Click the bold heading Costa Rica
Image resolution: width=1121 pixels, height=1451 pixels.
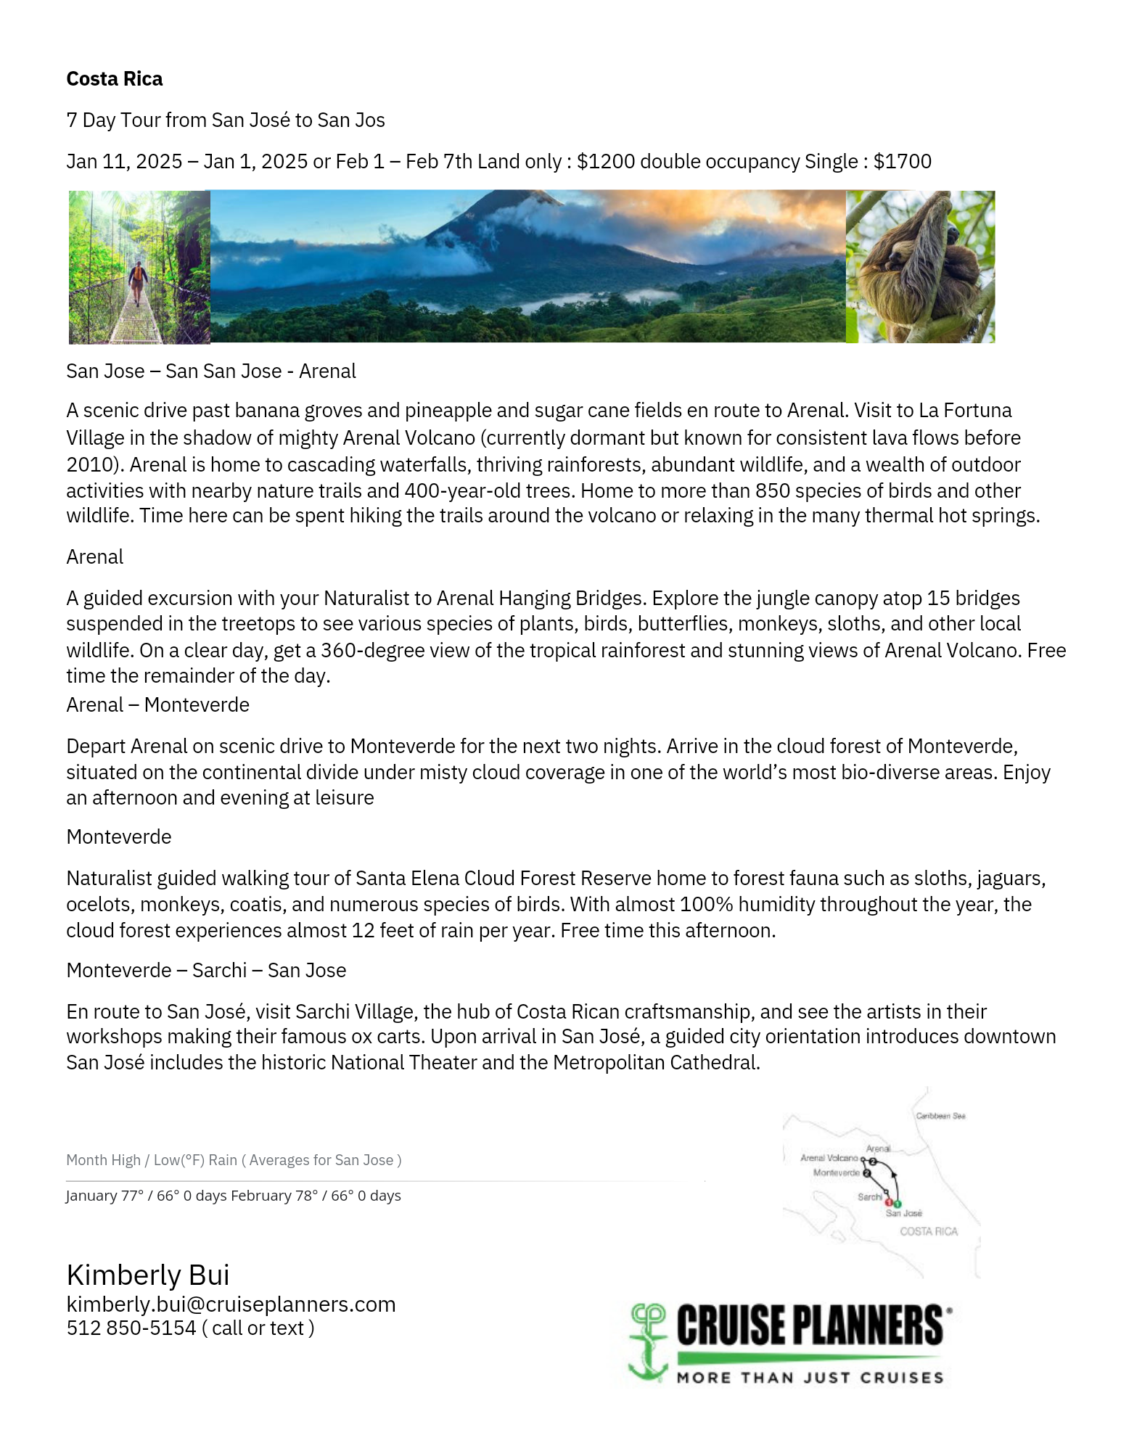point(115,79)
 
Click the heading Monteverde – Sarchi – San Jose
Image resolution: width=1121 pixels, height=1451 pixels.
point(206,970)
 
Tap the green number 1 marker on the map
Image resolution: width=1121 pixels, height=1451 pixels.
point(898,1204)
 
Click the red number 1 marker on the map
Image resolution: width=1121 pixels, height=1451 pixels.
point(889,1203)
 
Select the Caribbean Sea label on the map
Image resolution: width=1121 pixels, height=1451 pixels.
point(940,1116)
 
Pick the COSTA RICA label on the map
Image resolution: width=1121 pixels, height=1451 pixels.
point(929,1231)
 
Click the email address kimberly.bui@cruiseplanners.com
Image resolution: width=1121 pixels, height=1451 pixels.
point(231,1304)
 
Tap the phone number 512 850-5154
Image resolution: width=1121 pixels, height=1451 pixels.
point(131,1328)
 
